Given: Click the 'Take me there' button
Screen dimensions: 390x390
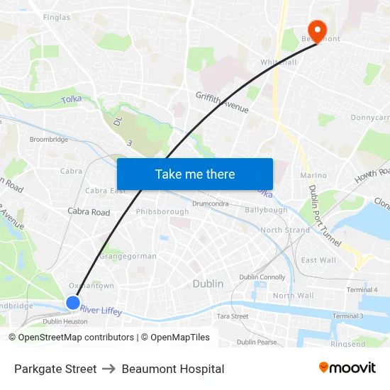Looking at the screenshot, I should pos(195,174).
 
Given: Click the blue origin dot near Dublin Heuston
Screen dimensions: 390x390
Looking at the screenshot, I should pos(73,303).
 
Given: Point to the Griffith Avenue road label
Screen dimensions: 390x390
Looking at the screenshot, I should pos(222,102).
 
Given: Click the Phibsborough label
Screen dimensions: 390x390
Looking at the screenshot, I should pos(162,211).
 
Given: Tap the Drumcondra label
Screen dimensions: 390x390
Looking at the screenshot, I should pos(209,204).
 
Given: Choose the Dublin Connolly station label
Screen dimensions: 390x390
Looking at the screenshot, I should pos(262,277).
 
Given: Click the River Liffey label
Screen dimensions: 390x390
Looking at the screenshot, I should pos(101,311).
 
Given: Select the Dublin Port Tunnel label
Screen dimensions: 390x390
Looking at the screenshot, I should pos(324,216).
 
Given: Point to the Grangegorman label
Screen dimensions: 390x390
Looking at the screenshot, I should pos(128,256).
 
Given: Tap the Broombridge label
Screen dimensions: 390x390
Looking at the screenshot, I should pos(49,140).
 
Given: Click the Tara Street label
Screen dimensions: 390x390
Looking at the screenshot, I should pos(232,316).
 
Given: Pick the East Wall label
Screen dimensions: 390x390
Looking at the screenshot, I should pos(318,260).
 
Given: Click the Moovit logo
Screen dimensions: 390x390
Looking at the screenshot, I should pos(347,368).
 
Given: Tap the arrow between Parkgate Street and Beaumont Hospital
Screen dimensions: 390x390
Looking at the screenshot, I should pos(109,369).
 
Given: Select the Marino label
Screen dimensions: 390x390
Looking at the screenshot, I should pos(313,175).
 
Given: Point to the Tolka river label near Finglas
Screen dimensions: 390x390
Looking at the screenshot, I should pos(72,100).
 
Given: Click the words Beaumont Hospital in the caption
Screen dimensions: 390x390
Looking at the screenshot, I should pos(173,369).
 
